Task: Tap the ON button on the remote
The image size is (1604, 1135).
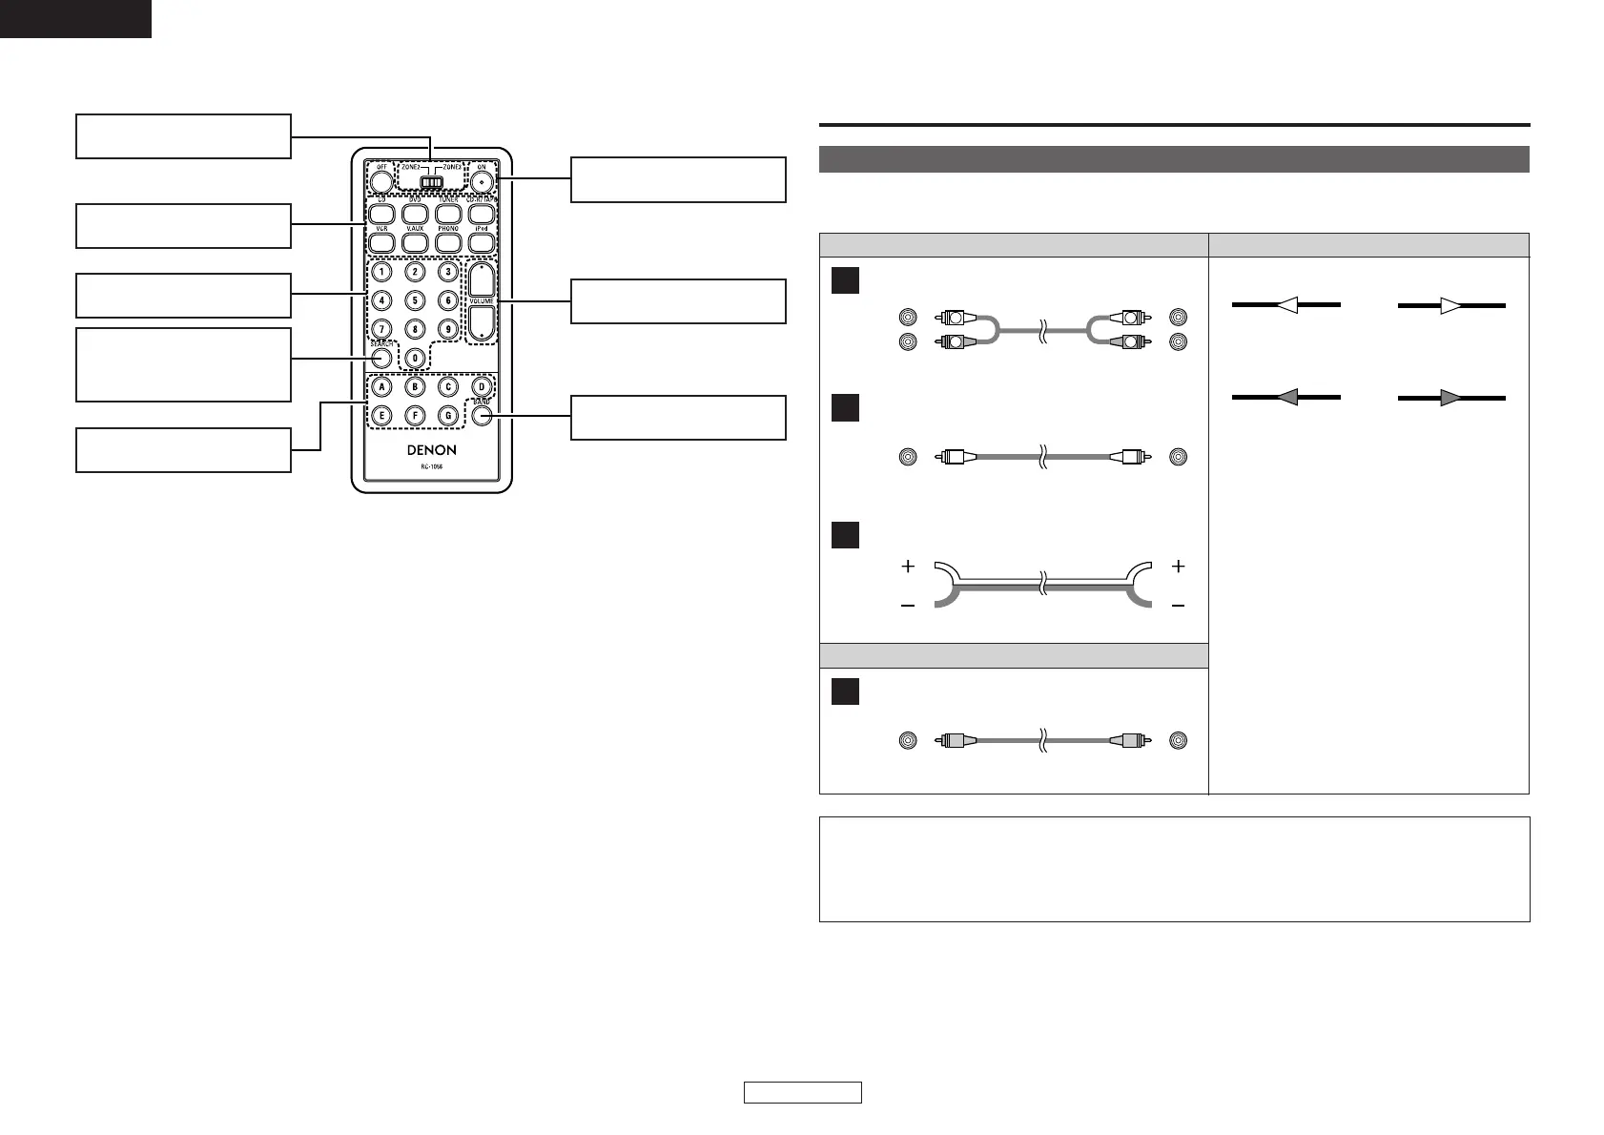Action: tap(482, 180)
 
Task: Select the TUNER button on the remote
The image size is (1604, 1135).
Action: tap(448, 215)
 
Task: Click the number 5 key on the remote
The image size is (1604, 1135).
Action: tap(415, 300)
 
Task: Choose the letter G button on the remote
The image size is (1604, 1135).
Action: tap(447, 416)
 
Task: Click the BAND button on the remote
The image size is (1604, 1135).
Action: tap(482, 416)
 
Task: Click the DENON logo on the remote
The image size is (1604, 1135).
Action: tap(432, 450)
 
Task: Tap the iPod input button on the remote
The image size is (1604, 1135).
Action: tap(482, 243)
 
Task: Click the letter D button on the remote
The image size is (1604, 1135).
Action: tap(482, 387)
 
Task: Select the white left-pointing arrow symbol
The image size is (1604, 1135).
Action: tap(1286, 305)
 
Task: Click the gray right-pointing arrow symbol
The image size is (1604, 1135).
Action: tap(1451, 398)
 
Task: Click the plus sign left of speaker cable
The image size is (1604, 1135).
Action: tap(908, 567)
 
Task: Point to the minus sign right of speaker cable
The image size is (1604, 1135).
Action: tap(1179, 605)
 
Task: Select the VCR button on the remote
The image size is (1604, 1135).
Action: tap(381, 243)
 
